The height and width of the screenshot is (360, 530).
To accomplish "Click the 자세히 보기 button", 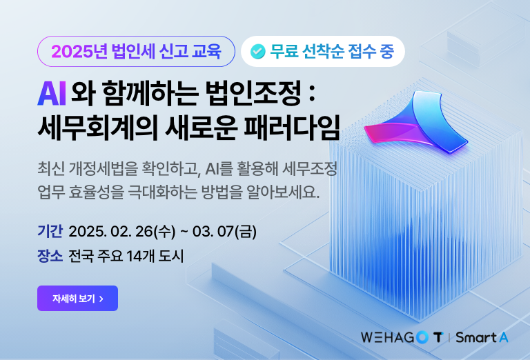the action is click(77, 298).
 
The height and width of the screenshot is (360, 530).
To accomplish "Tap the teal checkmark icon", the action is click(257, 51).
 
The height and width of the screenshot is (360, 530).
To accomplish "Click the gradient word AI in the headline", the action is click(51, 94).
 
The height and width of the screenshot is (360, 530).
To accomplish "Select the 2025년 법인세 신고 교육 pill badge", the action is click(136, 51).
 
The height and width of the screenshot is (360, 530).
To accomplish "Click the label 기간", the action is click(50, 231).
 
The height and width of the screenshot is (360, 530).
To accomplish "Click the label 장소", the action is click(50, 256).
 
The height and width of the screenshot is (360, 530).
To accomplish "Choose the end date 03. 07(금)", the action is click(224, 232).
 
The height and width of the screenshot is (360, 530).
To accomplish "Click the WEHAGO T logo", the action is click(402, 337).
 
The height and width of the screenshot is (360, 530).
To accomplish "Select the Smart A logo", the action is click(482, 337).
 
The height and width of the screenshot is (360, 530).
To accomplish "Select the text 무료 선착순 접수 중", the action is click(332, 51).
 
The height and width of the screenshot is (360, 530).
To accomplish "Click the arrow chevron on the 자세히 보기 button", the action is click(101, 299).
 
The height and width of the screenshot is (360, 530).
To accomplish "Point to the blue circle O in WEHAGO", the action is click(422, 337).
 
